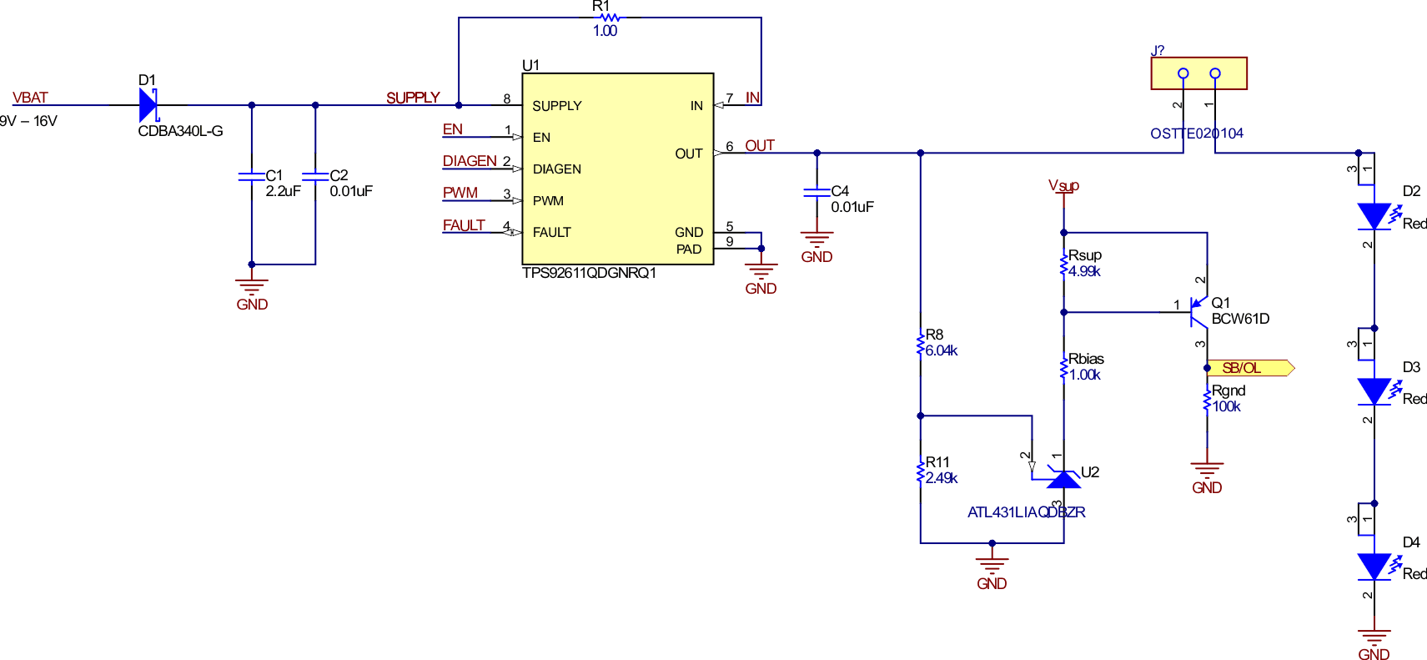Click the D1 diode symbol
[148, 105]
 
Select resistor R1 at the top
[610, 18]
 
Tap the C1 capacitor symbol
[251, 176]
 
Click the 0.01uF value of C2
[351, 191]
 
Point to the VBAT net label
[30, 98]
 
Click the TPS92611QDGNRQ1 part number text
[589, 273]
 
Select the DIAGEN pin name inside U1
[556, 169]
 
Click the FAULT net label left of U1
[464, 225]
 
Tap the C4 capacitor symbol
[817, 192]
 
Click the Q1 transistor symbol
[1198, 311]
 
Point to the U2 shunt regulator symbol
[1063, 479]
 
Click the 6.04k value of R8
[942, 351]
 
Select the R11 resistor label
[937, 462]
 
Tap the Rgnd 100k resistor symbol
[1207, 401]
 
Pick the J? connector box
[1198, 73]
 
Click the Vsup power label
[1063, 185]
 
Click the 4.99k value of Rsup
[1084, 271]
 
